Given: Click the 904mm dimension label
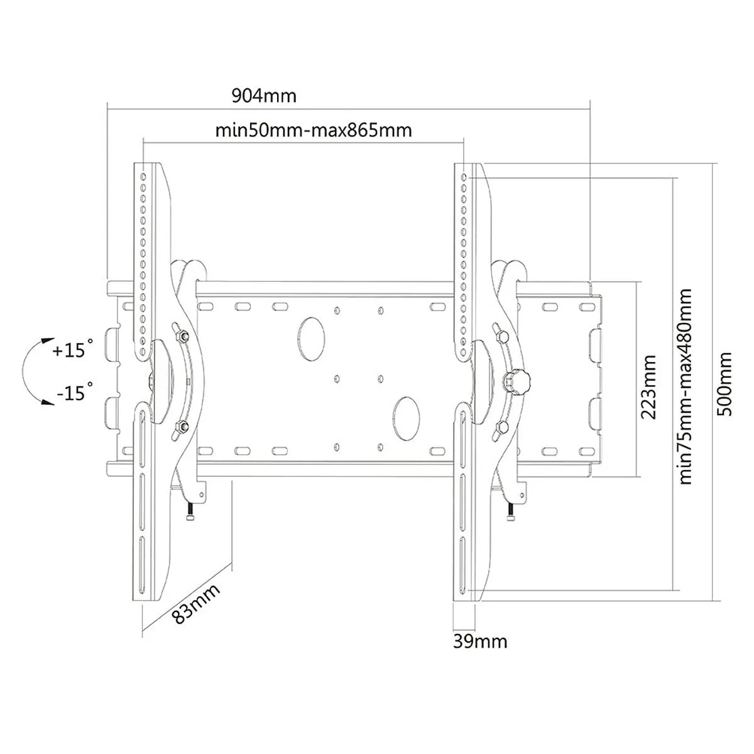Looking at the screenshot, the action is pyautogui.click(x=264, y=96).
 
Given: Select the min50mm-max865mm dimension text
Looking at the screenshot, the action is pyautogui.click(x=314, y=130).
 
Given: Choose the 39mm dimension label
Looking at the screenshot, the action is pyautogui.click(x=480, y=641).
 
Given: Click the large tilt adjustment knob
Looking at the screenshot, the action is pyautogui.click(x=517, y=381).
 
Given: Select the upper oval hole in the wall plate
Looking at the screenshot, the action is pyautogui.click(x=311, y=339).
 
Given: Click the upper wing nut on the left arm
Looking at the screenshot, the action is pyautogui.click(x=180, y=334).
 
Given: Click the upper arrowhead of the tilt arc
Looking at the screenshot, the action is pyautogui.click(x=48, y=341).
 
